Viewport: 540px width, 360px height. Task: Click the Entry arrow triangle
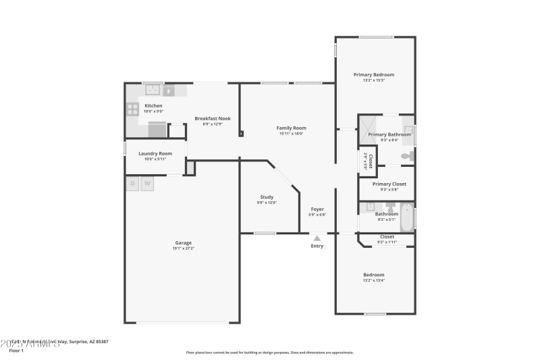(x=317, y=238)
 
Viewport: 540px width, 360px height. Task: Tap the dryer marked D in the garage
(x=132, y=183)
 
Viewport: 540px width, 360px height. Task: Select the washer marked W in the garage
(x=147, y=183)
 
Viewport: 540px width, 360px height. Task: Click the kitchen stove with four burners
(x=132, y=110)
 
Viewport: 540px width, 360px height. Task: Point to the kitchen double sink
(x=153, y=90)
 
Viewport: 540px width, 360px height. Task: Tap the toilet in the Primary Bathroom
(x=406, y=156)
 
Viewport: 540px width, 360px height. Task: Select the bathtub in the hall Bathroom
(x=406, y=217)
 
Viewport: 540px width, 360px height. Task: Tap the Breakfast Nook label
(x=213, y=118)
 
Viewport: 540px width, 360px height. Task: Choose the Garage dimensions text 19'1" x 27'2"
(x=184, y=249)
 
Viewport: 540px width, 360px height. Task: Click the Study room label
(x=267, y=197)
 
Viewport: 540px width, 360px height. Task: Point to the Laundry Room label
(x=155, y=153)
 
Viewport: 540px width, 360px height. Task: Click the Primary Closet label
(x=389, y=184)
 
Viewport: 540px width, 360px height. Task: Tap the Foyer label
(x=317, y=209)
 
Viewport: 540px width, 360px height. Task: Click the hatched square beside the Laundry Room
(x=190, y=167)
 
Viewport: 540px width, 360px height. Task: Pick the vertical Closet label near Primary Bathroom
(x=370, y=160)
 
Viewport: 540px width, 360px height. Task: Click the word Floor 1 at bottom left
(x=16, y=351)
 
